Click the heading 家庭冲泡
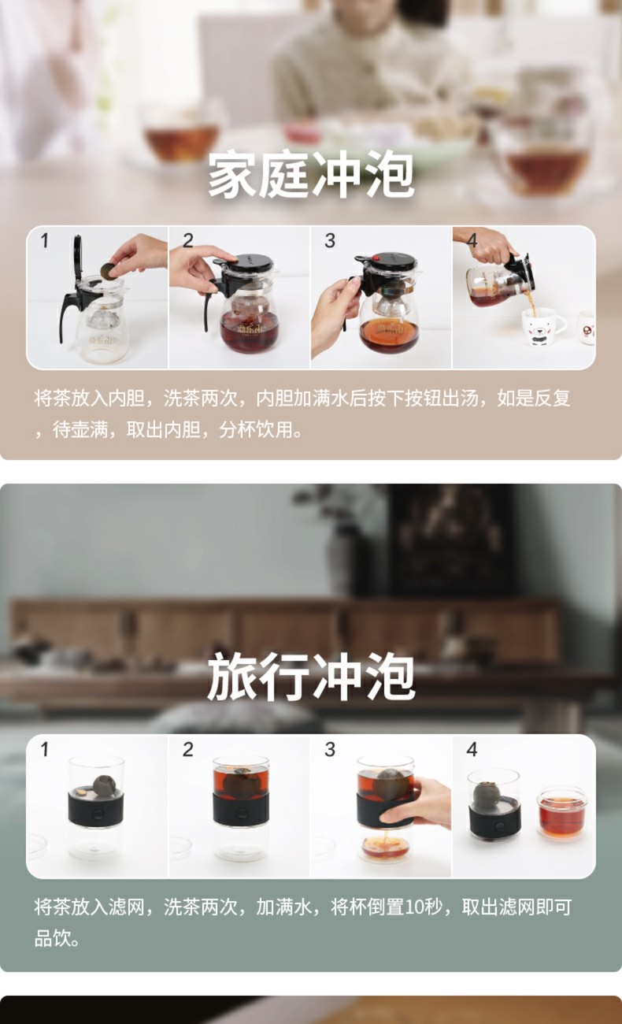311,176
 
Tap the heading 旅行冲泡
311,677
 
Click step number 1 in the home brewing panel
44,240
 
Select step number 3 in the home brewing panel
330,240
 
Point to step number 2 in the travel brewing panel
188,749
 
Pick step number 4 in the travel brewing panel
472,749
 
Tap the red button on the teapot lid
377,258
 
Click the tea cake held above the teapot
109,271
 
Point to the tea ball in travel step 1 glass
103,786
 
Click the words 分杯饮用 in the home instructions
256,430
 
